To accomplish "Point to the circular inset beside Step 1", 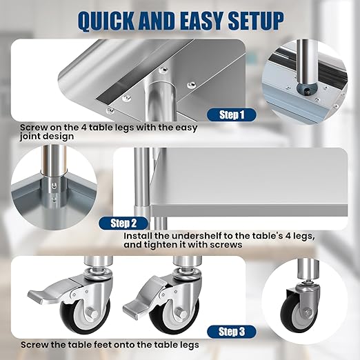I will [x=308, y=78].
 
